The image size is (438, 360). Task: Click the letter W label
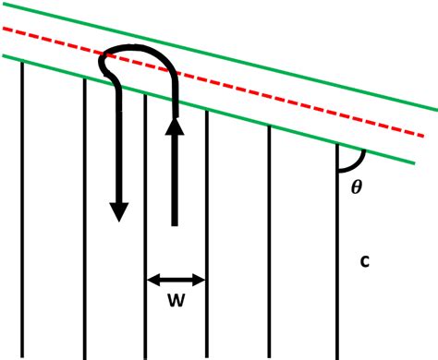[176, 302]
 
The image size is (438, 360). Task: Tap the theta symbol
[358, 186]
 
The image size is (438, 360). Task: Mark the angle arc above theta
[354, 162]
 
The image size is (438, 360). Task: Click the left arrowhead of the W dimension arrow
[152, 279]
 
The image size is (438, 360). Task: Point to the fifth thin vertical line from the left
[269, 240]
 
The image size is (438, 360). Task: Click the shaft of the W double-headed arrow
[176, 279]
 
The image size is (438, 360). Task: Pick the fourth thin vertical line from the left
[206, 231]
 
